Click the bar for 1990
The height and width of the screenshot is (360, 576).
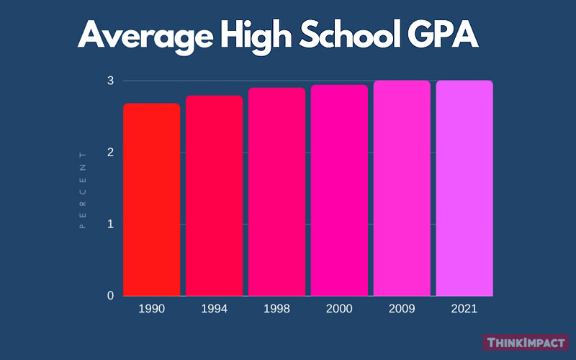(x=151, y=199)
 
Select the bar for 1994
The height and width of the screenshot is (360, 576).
(x=214, y=196)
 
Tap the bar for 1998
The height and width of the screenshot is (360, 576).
(x=276, y=192)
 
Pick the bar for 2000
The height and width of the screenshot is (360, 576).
(x=339, y=190)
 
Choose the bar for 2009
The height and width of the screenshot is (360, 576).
(x=402, y=188)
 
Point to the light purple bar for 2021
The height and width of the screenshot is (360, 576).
(x=464, y=188)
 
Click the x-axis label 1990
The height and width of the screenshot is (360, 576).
(x=151, y=308)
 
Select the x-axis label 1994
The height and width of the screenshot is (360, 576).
(x=214, y=308)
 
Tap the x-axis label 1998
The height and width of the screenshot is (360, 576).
(x=276, y=308)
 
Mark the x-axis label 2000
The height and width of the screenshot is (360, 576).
(x=339, y=308)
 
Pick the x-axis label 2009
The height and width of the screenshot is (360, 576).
(x=402, y=308)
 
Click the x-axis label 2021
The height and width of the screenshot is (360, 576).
(x=464, y=308)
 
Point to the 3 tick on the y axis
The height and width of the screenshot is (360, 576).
(x=110, y=81)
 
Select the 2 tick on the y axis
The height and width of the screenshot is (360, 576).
(x=110, y=153)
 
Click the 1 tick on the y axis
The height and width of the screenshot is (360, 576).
(x=110, y=224)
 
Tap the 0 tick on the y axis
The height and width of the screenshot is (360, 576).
(x=110, y=296)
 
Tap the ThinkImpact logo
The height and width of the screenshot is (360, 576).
(x=526, y=343)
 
